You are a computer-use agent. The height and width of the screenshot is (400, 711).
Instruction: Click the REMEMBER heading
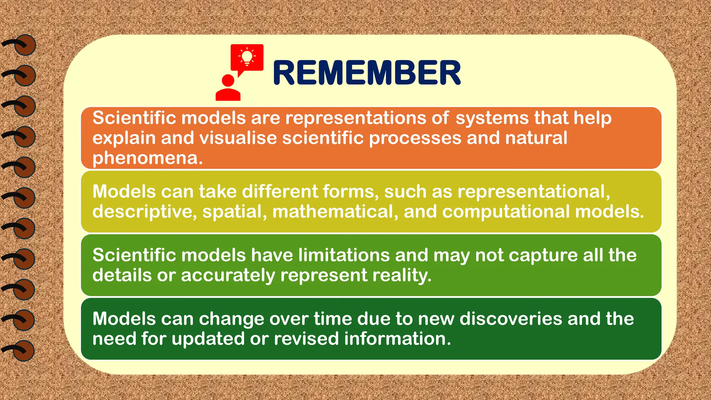coord(367,73)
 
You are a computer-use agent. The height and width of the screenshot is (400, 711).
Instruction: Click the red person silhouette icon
coord(228,89)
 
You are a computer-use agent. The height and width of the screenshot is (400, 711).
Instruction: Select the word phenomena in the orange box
coord(147,158)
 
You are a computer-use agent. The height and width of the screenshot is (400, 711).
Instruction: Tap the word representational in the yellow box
coord(533,192)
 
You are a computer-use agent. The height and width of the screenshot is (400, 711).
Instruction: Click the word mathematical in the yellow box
coord(335,211)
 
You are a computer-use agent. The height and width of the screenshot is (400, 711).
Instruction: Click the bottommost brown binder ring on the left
coord(24,351)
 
